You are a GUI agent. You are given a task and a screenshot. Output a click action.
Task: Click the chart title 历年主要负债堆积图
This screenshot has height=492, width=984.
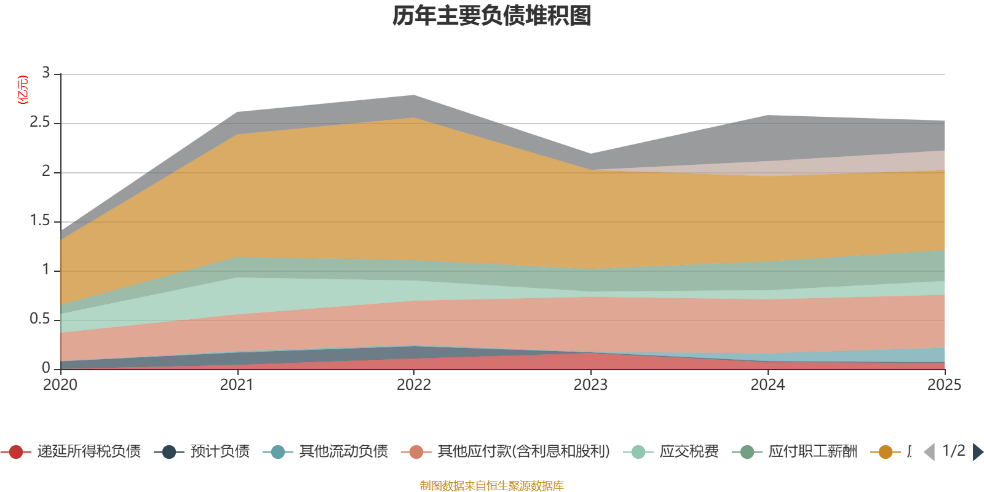(492, 16)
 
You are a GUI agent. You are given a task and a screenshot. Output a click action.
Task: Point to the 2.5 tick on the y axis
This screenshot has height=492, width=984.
(40, 122)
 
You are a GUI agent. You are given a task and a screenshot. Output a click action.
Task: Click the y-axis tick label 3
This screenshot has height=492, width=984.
(46, 73)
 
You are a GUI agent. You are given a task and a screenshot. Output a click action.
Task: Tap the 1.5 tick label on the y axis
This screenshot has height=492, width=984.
(40, 221)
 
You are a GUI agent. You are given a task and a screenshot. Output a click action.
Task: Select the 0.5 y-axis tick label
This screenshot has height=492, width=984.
(40, 319)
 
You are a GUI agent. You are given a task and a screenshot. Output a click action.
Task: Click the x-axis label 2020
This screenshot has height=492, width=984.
(60, 385)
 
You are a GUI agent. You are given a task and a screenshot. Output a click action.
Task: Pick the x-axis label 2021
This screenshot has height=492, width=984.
(237, 385)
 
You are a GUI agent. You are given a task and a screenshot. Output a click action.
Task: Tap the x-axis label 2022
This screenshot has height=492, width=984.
(414, 385)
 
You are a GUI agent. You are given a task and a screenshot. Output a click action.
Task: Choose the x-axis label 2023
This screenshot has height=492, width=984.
(590, 385)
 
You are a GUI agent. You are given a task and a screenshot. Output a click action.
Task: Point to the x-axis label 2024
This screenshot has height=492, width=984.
(768, 385)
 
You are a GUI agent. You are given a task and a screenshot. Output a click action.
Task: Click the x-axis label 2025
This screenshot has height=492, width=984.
(944, 385)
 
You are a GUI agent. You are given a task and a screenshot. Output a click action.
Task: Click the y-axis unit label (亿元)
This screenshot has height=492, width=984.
(23, 90)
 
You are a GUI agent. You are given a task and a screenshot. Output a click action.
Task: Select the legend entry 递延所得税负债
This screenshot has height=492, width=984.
(89, 452)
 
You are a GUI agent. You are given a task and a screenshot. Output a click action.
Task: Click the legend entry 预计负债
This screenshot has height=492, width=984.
(220, 452)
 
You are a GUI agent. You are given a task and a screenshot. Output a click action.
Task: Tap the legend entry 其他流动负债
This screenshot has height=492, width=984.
(343, 452)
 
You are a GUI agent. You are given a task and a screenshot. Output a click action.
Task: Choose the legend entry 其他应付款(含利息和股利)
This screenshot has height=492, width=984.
(523, 452)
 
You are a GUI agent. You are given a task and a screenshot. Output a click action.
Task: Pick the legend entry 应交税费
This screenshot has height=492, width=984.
(689, 452)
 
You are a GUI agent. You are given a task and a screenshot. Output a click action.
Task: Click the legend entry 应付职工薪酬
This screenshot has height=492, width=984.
(812, 452)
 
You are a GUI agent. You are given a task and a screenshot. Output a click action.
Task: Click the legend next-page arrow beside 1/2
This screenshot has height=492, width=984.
(978, 452)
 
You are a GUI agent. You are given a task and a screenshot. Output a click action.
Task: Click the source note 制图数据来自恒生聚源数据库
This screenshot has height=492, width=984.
(492, 486)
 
